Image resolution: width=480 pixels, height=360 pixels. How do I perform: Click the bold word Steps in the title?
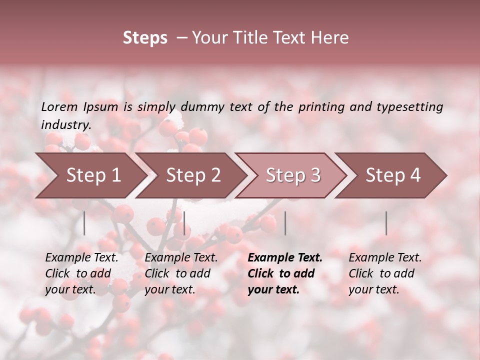[x=145, y=38]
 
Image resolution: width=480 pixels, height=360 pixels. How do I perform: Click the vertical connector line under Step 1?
[x=84, y=223]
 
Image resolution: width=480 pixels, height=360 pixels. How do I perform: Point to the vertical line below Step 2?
[x=184, y=223]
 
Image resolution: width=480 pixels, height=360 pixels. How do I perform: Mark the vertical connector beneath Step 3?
[x=285, y=223]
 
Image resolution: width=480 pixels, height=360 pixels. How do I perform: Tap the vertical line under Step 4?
[x=386, y=223]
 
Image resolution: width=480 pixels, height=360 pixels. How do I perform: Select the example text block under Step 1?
[x=81, y=273]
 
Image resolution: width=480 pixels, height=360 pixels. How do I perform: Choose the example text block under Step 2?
[x=181, y=273]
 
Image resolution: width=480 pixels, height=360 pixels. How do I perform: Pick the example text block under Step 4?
[x=385, y=273]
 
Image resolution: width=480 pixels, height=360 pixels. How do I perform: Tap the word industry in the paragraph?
[x=65, y=125]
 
